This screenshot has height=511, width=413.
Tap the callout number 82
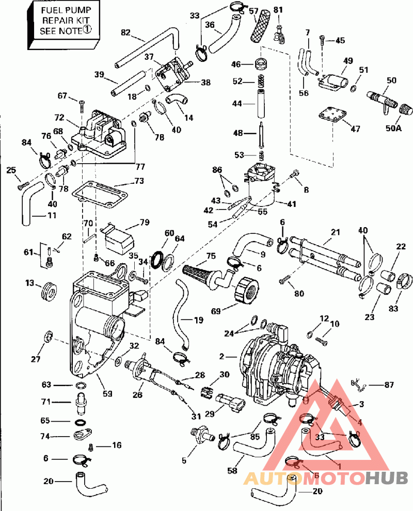(125, 32)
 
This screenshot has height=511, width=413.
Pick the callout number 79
(144, 223)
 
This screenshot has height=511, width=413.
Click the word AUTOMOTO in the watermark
(304, 478)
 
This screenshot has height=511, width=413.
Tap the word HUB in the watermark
(387, 478)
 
